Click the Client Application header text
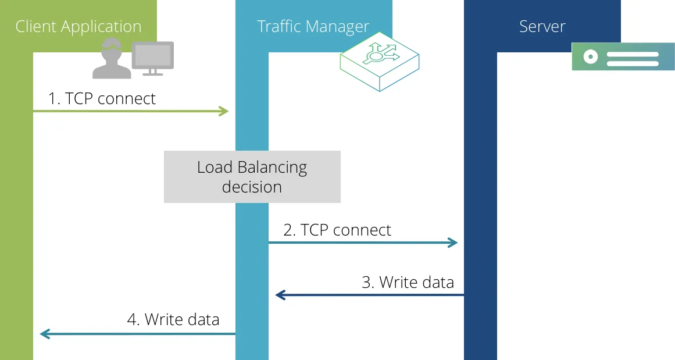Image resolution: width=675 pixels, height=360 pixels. [x=78, y=27]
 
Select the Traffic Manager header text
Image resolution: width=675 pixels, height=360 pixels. [x=313, y=27]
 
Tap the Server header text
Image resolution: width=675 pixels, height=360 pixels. [x=542, y=27]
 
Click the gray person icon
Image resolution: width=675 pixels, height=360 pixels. [x=112, y=58]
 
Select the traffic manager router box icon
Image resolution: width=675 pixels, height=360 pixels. [x=380, y=61]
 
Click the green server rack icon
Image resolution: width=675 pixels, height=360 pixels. [x=623, y=56]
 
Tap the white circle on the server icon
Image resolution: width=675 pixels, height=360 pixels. [x=591, y=56]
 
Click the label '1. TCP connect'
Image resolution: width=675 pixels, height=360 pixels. [x=102, y=99]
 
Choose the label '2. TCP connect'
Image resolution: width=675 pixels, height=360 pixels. [x=337, y=230]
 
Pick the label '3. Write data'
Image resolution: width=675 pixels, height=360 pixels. [x=408, y=283]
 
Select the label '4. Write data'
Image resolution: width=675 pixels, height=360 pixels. [x=173, y=319]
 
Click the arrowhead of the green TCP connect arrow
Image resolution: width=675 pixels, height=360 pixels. [x=224, y=111]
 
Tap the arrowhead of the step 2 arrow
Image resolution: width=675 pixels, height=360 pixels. [x=453, y=243]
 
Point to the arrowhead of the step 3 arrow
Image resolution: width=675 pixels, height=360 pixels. [x=280, y=295]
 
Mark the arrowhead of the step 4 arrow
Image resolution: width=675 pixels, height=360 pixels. [x=45, y=334]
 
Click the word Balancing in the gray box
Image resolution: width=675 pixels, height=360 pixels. [x=272, y=167]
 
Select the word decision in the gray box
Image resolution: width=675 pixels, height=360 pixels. [x=252, y=187]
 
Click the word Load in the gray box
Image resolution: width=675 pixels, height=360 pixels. [x=215, y=167]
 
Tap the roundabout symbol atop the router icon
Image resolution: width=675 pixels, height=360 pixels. [x=379, y=54]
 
